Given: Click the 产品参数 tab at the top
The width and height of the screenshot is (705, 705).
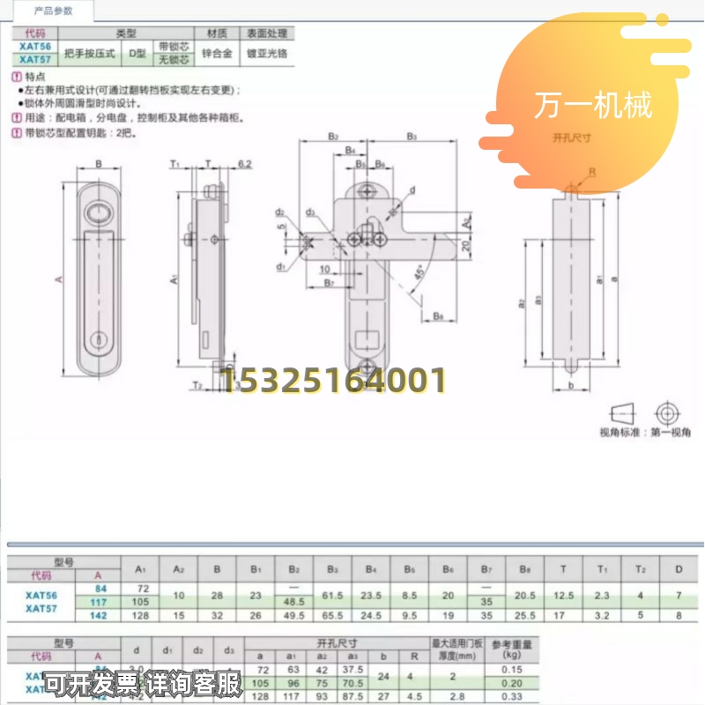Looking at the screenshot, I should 53,11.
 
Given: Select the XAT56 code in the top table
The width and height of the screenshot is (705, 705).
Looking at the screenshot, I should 33,45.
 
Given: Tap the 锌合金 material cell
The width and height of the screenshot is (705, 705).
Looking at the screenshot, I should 216,53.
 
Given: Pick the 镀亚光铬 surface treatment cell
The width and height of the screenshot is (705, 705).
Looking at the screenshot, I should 268,53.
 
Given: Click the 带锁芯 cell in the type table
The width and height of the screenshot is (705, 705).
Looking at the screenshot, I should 173,45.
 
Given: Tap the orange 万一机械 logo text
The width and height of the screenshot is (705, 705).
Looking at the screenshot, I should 592,106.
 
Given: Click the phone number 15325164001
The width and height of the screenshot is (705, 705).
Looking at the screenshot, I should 333,382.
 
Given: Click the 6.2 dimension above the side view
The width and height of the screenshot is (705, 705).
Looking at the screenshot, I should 244,165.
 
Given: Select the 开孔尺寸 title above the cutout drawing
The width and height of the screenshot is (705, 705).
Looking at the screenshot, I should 570,138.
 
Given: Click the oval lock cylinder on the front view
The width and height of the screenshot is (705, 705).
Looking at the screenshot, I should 98,215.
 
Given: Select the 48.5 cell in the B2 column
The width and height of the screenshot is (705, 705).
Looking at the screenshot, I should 295,601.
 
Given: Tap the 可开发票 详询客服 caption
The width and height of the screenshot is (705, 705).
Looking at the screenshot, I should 143,683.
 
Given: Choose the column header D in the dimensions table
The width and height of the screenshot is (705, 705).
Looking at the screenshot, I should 678,568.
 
